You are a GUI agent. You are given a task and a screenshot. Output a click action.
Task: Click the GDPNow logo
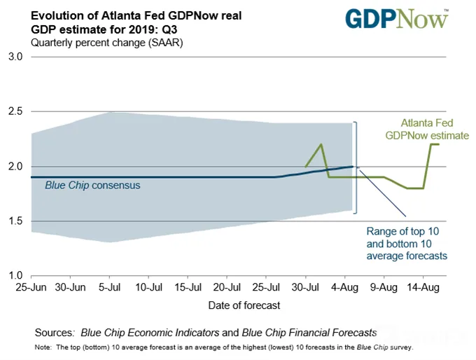(397, 19)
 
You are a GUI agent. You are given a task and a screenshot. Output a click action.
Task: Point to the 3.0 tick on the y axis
(15, 57)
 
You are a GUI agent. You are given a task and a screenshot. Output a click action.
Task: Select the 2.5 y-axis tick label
(15, 111)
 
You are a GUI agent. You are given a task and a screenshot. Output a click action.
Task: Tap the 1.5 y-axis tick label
(15, 221)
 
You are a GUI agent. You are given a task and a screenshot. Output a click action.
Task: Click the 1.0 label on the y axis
(15, 275)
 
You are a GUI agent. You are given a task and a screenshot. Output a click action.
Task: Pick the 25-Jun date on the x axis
(31, 287)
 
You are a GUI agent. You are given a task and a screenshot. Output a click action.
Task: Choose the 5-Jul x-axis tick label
(110, 287)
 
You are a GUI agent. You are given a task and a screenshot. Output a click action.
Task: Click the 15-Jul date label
(188, 287)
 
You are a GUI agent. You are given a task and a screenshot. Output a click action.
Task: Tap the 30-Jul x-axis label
(305, 287)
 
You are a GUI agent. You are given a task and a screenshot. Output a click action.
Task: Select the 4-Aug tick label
(344, 287)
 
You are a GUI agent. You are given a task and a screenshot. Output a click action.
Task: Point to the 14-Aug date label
(423, 287)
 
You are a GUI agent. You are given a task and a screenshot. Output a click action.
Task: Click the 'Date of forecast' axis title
(244, 305)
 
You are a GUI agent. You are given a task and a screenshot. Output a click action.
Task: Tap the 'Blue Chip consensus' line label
(92, 185)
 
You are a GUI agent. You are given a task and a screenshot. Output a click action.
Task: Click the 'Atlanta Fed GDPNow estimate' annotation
(427, 129)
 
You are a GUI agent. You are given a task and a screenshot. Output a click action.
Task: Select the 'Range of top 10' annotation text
(402, 231)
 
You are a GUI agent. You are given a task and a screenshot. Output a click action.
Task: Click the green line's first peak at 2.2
(321, 144)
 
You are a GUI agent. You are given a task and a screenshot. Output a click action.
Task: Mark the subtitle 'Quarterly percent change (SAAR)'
(107, 43)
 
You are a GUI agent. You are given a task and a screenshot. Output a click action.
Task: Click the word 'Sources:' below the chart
(55, 333)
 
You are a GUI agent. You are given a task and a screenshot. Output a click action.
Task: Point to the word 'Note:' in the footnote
(43, 347)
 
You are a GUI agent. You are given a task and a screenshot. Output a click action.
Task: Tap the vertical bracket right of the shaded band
(356, 167)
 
